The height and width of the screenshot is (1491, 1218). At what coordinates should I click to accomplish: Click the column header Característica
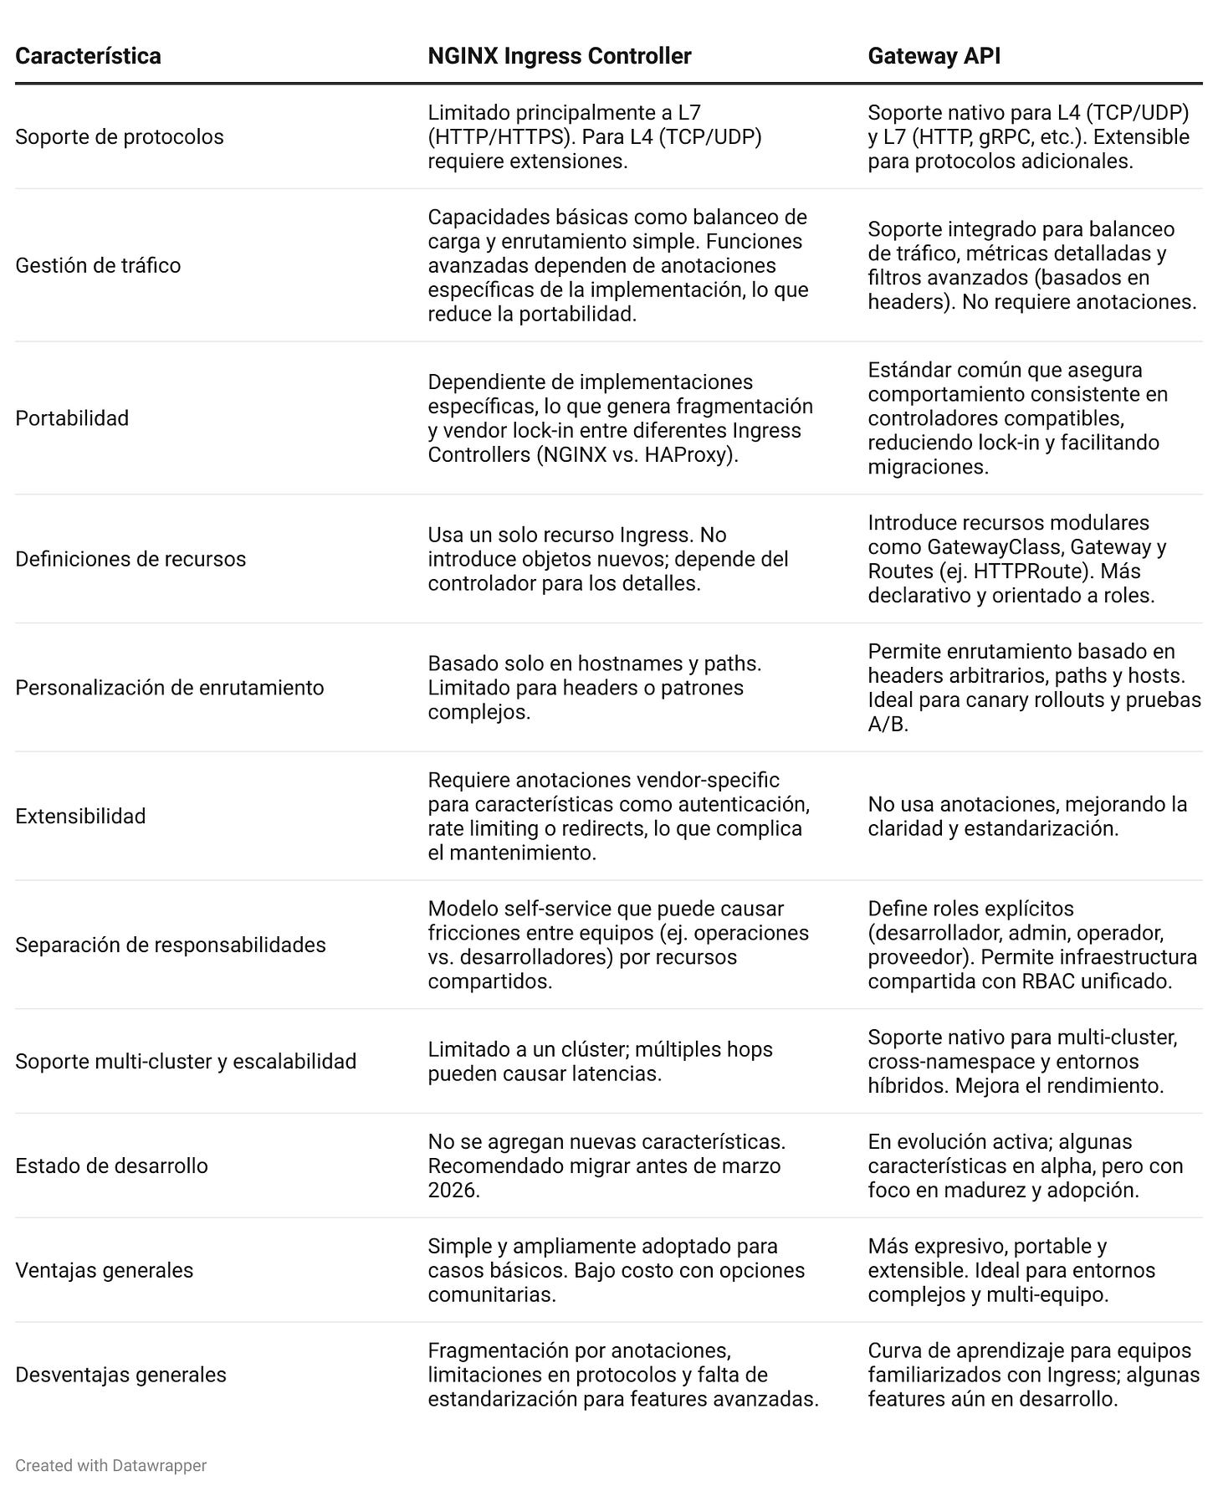88,56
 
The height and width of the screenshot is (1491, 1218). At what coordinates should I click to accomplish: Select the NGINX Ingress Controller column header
559,56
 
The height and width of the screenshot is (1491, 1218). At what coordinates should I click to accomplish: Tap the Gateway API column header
934,56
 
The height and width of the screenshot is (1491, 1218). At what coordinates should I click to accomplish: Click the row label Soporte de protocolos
120,136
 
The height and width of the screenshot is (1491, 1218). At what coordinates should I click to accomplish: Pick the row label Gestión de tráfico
98,265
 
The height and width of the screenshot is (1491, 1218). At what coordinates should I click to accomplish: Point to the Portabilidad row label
72,418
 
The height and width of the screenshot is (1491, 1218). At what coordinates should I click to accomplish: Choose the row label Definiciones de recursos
130,559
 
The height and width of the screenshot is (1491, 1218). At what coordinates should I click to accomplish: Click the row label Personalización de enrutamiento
169,688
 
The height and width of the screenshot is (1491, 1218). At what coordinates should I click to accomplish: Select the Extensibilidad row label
80,816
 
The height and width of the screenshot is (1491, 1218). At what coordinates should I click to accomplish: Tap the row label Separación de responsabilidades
171,945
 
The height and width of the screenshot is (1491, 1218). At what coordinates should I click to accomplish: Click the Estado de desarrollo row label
111,1166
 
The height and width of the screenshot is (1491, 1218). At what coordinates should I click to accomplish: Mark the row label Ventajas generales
104,1270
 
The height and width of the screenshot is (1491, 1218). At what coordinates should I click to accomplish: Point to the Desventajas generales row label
120,1375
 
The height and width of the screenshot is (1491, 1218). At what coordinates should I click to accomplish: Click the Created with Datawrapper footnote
110,1465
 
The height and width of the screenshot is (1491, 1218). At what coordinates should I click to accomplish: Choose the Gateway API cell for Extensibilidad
1027,816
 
